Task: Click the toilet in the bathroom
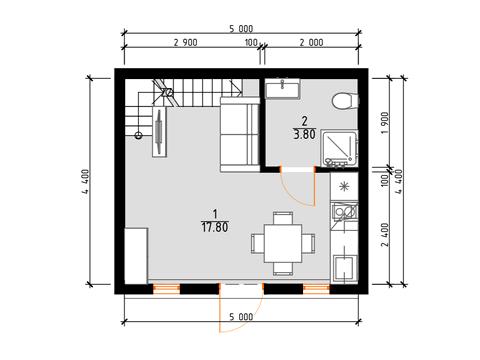[x=345, y=101]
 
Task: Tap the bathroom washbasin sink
[x=282, y=89]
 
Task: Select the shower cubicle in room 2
[x=339, y=148]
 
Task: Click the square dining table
[x=283, y=243]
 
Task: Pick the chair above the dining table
[x=283, y=218]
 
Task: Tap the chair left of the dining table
[x=258, y=244]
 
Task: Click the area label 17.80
[x=215, y=227]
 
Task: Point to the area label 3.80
[x=304, y=134]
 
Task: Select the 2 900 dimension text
[x=186, y=43]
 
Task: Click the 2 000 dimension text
[x=311, y=43]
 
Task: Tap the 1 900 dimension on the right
[x=384, y=122]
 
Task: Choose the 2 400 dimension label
[x=384, y=234]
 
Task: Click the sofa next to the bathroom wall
[x=240, y=135]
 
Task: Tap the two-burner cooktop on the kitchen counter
[x=345, y=212]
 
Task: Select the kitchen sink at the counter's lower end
[x=345, y=268]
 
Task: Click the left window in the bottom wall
[x=167, y=289]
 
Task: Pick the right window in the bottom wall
[x=317, y=289]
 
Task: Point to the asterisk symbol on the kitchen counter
[x=344, y=187]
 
